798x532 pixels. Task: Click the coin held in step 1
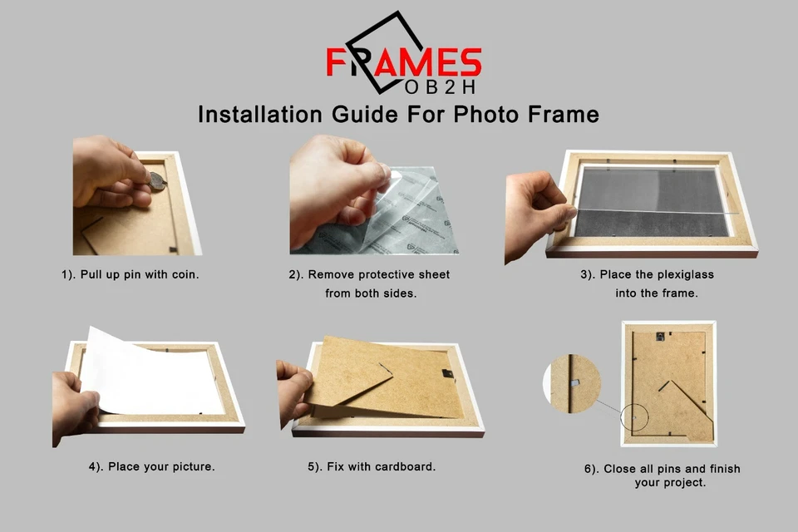(x=156, y=180)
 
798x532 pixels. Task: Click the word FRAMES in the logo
(x=403, y=62)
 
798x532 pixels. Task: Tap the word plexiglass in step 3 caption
(x=680, y=274)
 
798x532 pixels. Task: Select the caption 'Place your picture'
(x=152, y=466)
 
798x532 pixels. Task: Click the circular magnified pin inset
(x=572, y=384)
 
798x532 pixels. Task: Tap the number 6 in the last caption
(x=588, y=469)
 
